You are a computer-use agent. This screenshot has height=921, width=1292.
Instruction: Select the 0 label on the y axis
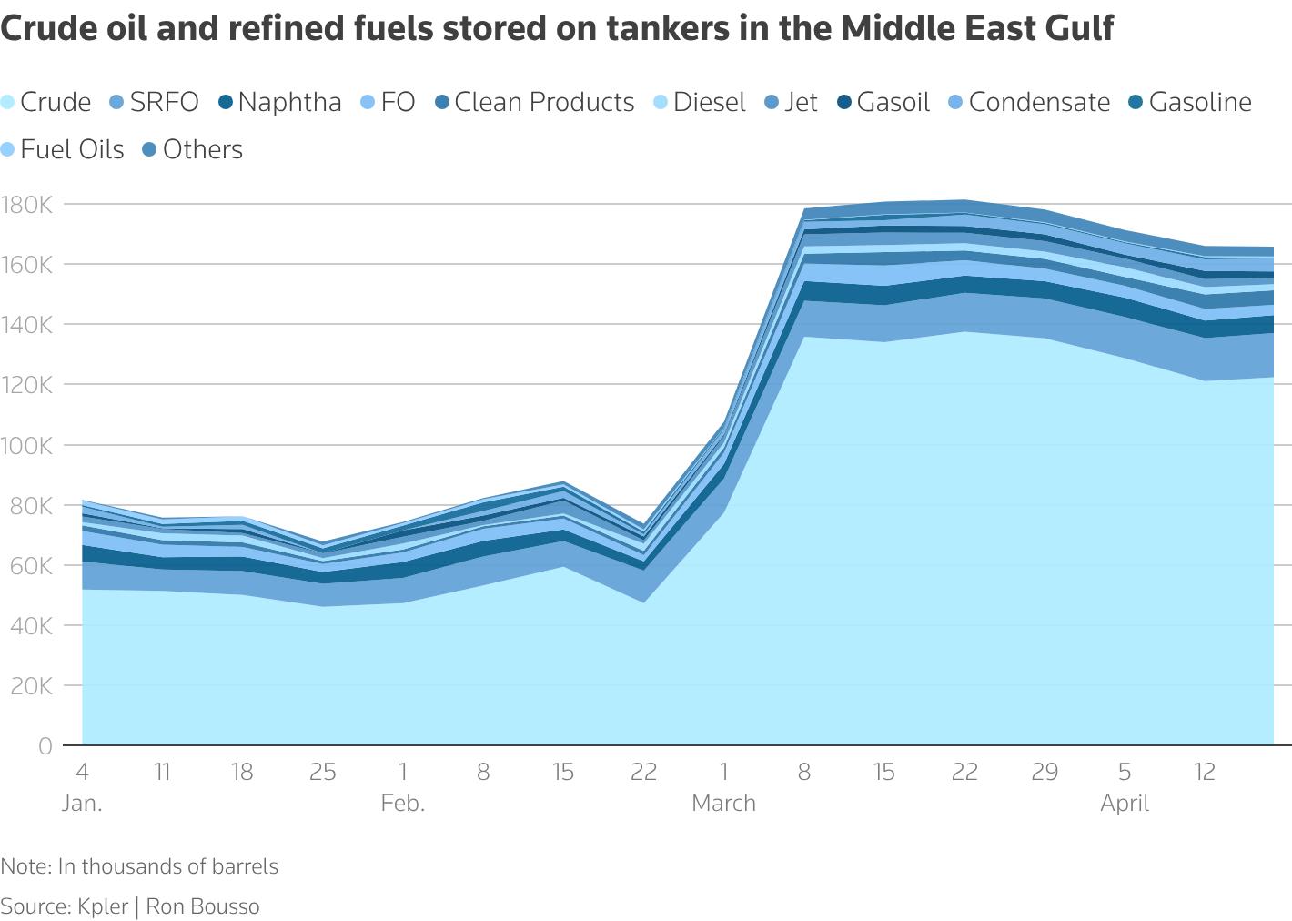coord(45,746)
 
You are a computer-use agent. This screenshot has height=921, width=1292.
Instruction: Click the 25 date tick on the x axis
coord(323,773)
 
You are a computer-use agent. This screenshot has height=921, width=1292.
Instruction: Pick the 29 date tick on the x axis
coord(1045,773)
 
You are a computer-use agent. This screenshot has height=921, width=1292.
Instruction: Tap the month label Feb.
coord(403,804)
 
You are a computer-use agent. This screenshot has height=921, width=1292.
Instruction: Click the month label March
coord(723,804)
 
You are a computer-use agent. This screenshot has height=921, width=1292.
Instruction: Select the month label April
coord(1125,804)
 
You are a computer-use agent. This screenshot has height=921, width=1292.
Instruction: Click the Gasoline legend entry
coord(1199,102)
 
